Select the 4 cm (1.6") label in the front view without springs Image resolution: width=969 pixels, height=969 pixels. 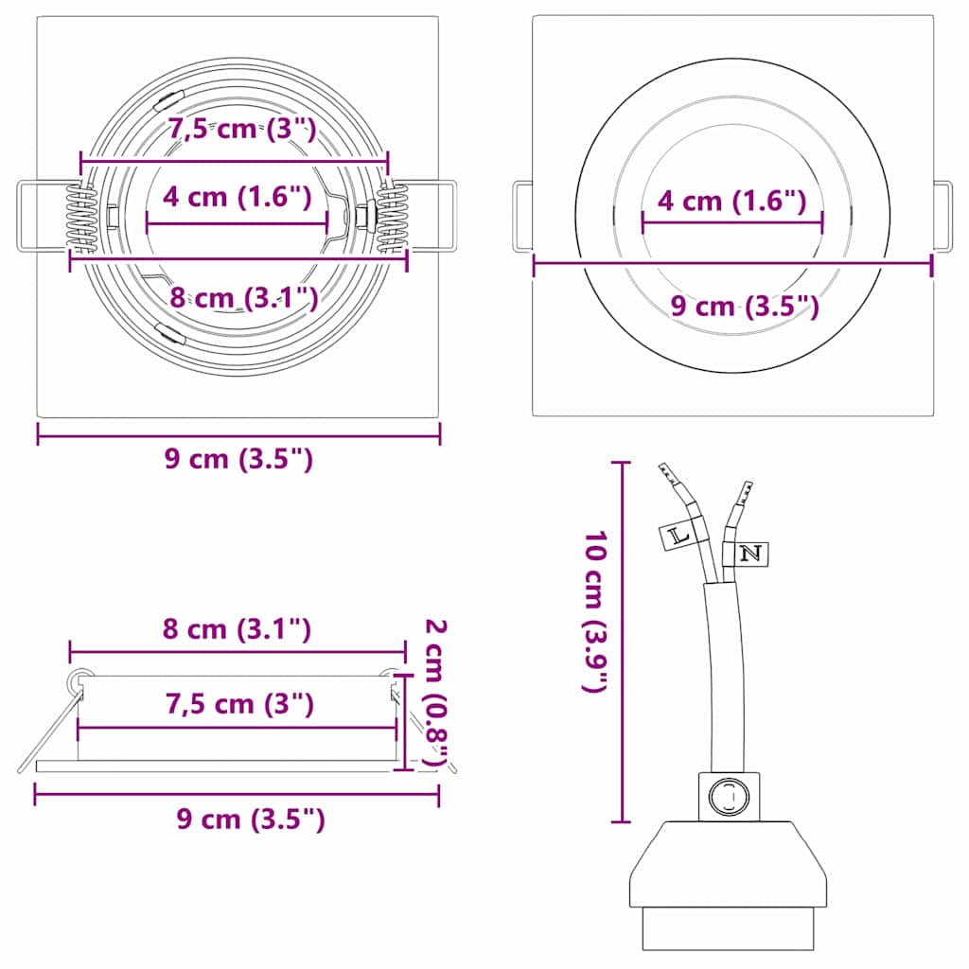tap(732, 201)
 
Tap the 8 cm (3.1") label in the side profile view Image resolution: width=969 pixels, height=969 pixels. tap(237, 628)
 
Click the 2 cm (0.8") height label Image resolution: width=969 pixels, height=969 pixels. tap(435, 692)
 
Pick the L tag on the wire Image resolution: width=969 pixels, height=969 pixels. tap(678, 536)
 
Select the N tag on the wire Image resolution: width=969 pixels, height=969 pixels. tap(749, 554)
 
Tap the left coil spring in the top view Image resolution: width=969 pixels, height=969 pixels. tap(82, 218)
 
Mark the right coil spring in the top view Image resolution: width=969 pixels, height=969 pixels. tap(392, 218)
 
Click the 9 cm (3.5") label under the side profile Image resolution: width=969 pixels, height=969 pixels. tap(251, 819)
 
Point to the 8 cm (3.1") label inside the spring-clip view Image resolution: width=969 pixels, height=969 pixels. tap(243, 297)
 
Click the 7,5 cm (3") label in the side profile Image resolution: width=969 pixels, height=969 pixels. tap(239, 703)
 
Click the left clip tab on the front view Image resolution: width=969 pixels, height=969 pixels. tap(521, 218)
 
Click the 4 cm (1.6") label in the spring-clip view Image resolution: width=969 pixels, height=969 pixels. tap(237, 197)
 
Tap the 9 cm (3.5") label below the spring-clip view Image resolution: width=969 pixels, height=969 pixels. tap(238, 459)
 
